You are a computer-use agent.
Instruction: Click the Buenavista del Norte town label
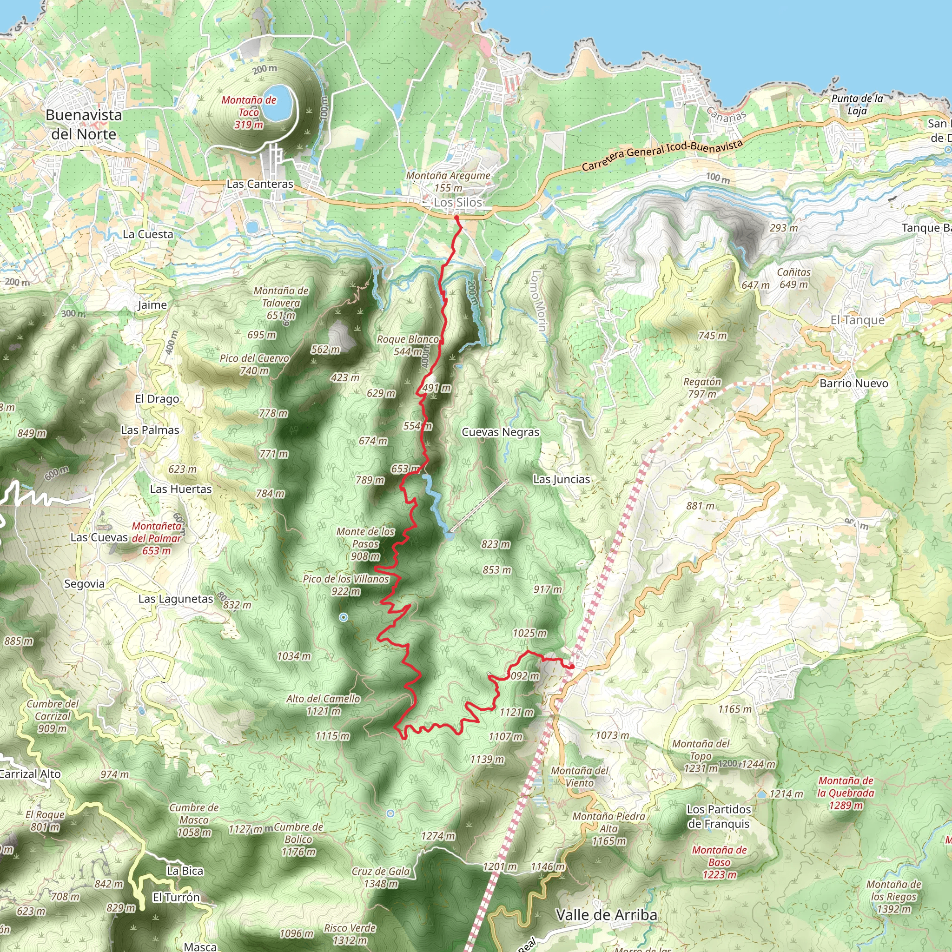[84, 124]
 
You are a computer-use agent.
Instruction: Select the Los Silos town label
[458, 203]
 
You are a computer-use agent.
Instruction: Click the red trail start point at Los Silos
[456, 217]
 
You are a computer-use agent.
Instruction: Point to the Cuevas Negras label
[500, 432]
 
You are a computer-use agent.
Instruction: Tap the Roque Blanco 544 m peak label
[408, 345]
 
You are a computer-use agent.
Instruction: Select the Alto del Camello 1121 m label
[323, 705]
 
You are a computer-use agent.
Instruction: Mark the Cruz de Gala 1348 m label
[381, 877]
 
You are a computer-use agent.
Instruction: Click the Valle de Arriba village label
[606, 915]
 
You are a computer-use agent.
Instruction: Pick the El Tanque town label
[857, 320]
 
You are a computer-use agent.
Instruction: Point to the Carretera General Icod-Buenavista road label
[662, 156]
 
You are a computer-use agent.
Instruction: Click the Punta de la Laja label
[857, 104]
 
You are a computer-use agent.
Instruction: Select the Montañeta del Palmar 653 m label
[156, 538]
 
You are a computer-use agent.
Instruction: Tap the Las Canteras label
[260, 184]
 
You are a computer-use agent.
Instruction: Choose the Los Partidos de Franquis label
[719, 816]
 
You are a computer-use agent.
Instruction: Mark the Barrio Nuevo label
[854, 383]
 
